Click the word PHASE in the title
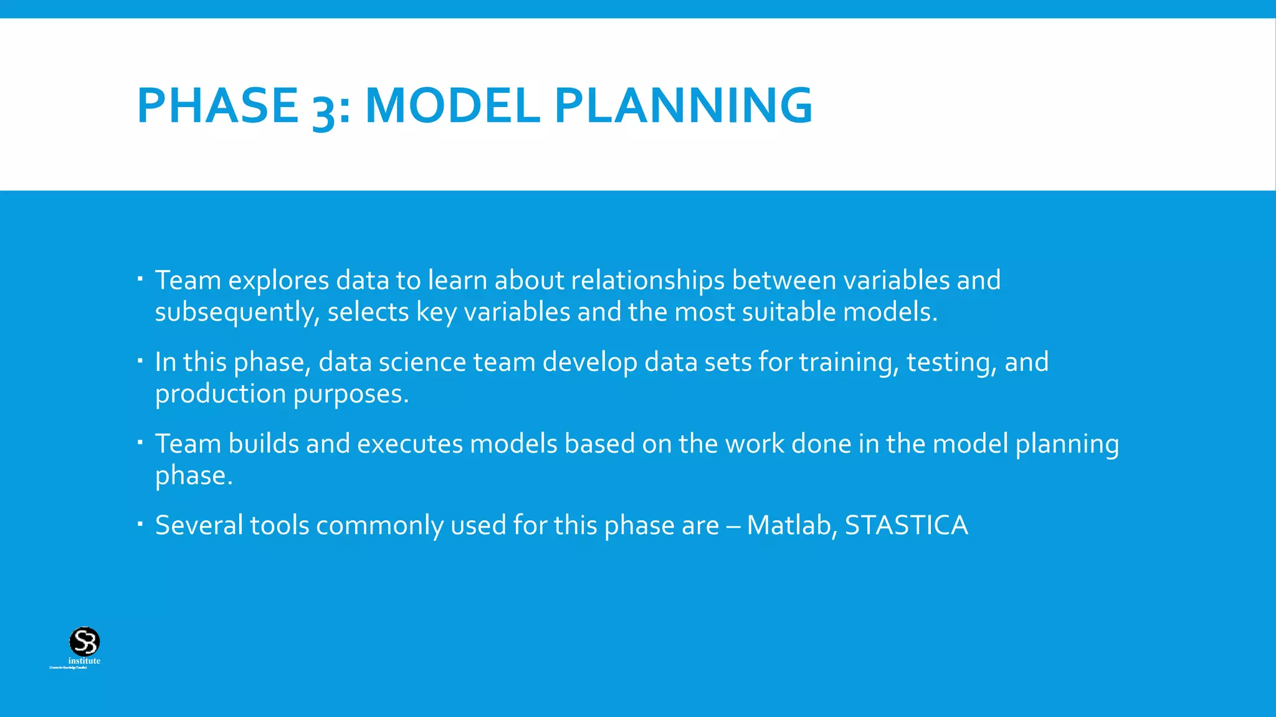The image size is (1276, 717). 217,106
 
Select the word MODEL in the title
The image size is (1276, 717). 452,106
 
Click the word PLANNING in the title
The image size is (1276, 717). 683,106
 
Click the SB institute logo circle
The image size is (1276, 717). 84,641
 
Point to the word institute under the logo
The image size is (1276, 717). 84,661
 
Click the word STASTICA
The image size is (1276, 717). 906,525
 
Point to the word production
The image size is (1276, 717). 221,395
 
